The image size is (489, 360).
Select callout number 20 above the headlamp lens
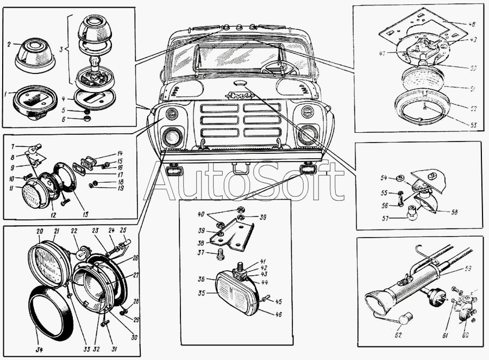[39, 231]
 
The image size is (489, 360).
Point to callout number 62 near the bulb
[398, 335]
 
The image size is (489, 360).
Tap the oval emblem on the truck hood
[240, 83]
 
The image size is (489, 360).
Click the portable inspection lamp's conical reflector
[378, 301]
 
